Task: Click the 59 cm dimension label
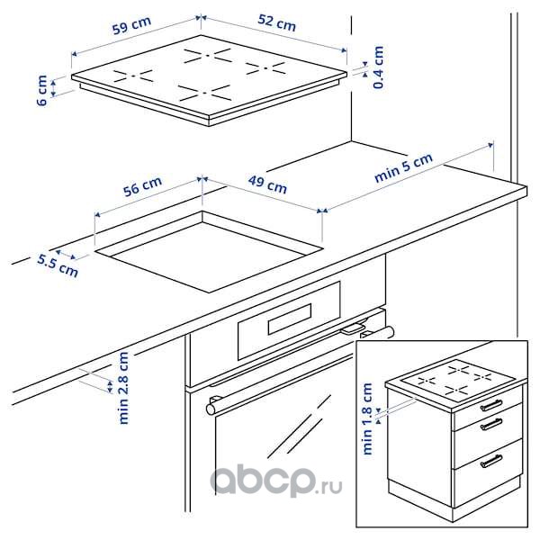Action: pyautogui.click(x=131, y=25)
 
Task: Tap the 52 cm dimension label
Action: pyautogui.click(x=277, y=23)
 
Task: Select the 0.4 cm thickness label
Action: pyautogui.click(x=379, y=67)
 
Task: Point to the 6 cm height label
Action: pyautogui.click(x=42, y=90)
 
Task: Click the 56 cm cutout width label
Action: pyautogui.click(x=142, y=186)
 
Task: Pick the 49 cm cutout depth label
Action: pyautogui.click(x=267, y=184)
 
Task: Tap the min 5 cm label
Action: pyautogui.click(x=403, y=167)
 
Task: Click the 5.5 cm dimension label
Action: pyautogui.click(x=58, y=265)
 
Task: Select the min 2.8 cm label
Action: pyautogui.click(x=123, y=388)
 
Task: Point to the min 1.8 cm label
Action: pyautogui.click(x=367, y=418)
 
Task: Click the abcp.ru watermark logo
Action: pyautogui.click(x=276, y=481)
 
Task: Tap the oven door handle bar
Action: pyautogui.click(x=300, y=368)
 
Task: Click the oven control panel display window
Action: pyautogui.click(x=290, y=319)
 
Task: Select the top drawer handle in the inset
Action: pyautogui.click(x=491, y=405)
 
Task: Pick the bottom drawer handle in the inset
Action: pyautogui.click(x=491, y=461)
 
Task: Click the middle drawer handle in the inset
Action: pyautogui.click(x=491, y=425)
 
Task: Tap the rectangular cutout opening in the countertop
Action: pyautogui.click(x=209, y=252)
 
